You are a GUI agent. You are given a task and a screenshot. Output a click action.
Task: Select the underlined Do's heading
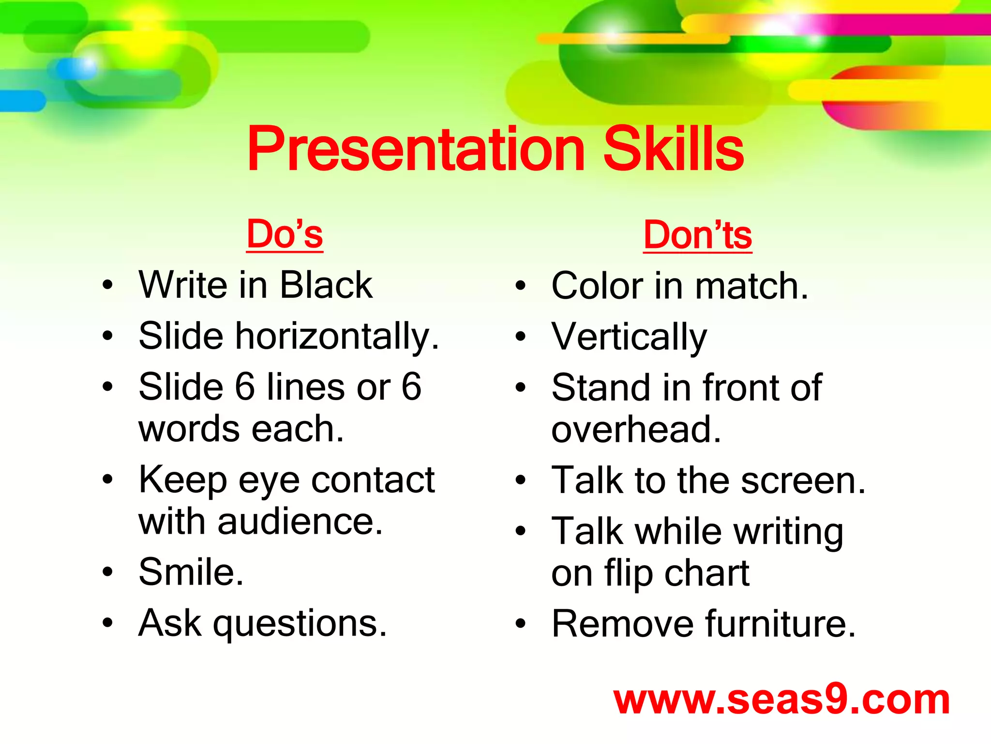pyautogui.click(x=285, y=235)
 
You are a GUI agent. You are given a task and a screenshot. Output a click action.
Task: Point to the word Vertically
pyautogui.click(x=629, y=338)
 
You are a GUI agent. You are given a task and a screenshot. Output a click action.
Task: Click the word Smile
pyautogui.click(x=191, y=573)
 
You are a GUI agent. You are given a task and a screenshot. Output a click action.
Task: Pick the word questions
pyautogui.click(x=300, y=624)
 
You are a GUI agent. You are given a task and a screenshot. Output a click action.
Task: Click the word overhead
pyautogui.click(x=636, y=430)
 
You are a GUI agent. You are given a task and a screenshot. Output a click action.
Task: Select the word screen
pyautogui.click(x=803, y=481)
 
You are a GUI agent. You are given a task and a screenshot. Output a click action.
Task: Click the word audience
pyautogui.click(x=300, y=522)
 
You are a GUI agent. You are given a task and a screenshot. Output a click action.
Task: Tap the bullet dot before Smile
pyautogui.click(x=107, y=572)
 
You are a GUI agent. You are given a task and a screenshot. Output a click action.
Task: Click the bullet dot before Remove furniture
pyautogui.click(x=521, y=624)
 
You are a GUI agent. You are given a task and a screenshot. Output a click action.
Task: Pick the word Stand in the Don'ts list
pyautogui.click(x=600, y=388)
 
